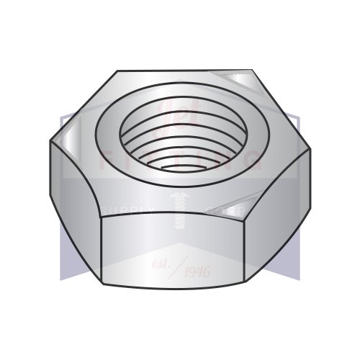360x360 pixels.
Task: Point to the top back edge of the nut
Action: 184,71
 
